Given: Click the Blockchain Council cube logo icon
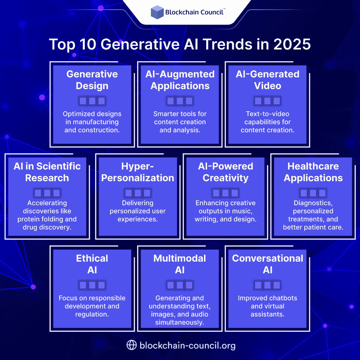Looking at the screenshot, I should [157, 12].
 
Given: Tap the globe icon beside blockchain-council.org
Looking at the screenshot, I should [131, 345].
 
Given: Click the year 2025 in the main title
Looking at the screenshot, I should [292, 44].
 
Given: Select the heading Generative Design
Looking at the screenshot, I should [92, 80].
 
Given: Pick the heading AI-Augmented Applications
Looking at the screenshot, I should [180, 80].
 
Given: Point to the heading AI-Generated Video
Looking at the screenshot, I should [268, 80].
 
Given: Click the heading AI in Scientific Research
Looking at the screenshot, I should [47, 172].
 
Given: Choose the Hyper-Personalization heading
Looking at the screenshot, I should [138, 172].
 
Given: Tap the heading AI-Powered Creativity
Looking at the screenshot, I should [226, 172].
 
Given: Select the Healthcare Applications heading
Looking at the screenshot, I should [313, 172].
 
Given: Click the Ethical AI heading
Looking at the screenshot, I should [92, 264].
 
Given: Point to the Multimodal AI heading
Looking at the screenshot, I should [180, 264].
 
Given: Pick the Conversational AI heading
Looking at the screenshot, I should [268, 264].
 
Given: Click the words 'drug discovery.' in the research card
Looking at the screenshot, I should [47, 227].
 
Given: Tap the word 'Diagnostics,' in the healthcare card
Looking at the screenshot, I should [313, 203].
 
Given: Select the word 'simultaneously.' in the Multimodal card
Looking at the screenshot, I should [180, 322].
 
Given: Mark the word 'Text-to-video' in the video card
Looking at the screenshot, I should [268, 114].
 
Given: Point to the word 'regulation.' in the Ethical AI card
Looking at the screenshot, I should [92, 314].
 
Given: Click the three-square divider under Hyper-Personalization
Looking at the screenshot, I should [138, 193].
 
